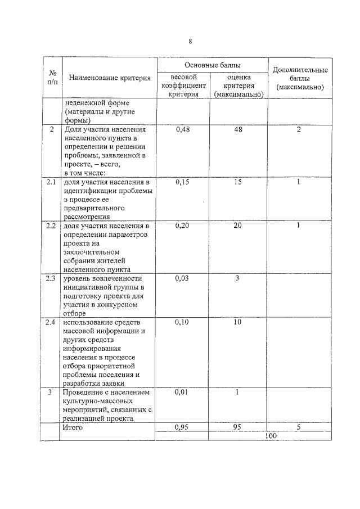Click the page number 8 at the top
[190, 41]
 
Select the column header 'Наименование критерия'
[110, 78]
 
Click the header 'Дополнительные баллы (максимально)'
[300, 79]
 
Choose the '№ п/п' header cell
[52, 78]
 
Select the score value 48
[237, 130]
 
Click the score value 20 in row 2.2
[237, 226]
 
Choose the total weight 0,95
[182, 427]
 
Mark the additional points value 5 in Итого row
[299, 427]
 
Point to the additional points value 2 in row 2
[299, 130]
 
